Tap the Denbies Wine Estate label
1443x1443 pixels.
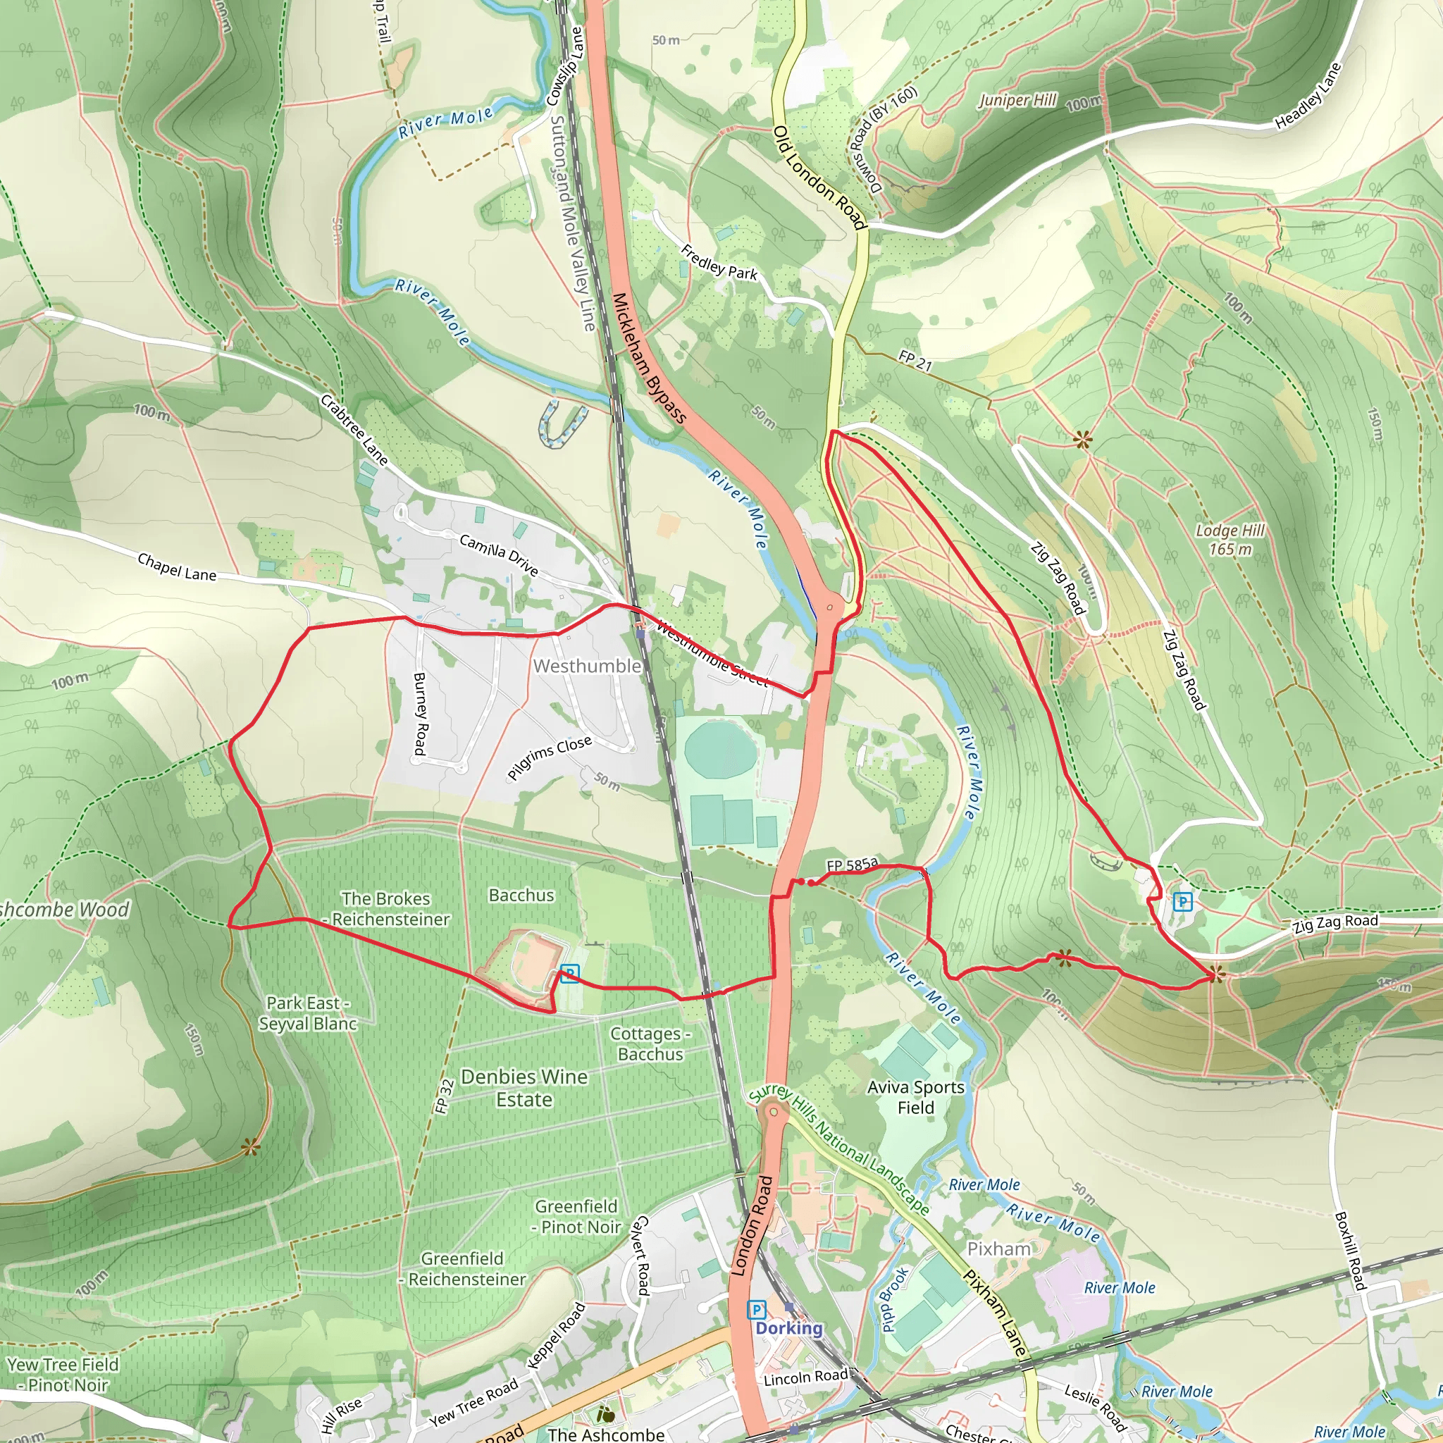(x=524, y=1087)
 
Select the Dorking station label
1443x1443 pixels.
(x=788, y=1327)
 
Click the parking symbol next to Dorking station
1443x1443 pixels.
(x=757, y=1308)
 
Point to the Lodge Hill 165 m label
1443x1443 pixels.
(x=1230, y=539)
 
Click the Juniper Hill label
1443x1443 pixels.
(x=1017, y=100)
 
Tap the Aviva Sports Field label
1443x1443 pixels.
(x=916, y=1097)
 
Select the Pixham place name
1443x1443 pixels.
(x=998, y=1249)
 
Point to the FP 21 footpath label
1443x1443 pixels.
(x=915, y=361)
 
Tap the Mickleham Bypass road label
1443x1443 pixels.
(x=648, y=359)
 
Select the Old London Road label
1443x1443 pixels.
(x=819, y=178)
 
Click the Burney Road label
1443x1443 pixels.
(x=420, y=713)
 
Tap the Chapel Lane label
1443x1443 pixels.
(x=177, y=568)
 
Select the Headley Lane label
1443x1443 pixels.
(x=1308, y=95)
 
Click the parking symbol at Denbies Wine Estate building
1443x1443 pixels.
(x=570, y=974)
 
